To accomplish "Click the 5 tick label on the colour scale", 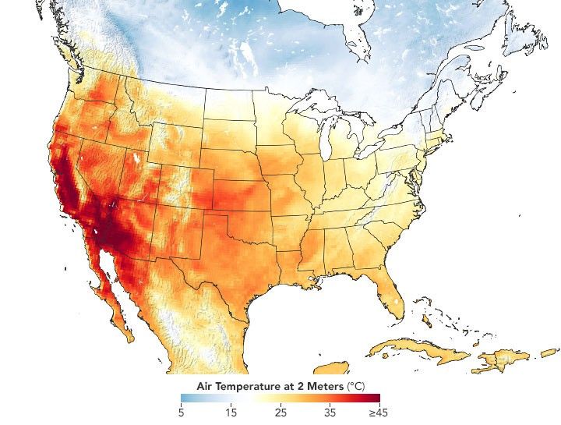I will pyautogui.click(x=182, y=411).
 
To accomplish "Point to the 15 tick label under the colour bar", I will pyautogui.click(x=230, y=411).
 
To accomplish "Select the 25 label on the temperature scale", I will pyautogui.click(x=280, y=411).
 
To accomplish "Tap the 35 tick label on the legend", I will pyautogui.click(x=330, y=411).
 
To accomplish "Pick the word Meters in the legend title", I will pyautogui.click(x=323, y=385).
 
